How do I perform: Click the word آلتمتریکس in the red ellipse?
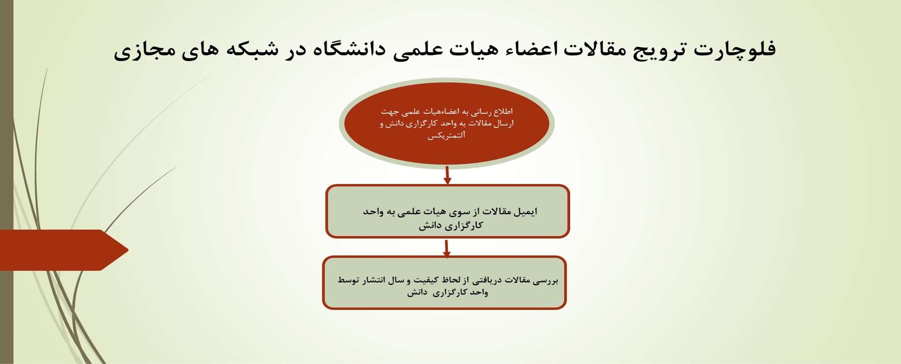coord(446,136)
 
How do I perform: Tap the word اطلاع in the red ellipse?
coord(503,112)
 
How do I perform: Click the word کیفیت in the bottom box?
coord(423,281)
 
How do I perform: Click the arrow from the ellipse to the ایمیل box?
coord(447,174)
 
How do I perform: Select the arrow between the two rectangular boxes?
coord(447,248)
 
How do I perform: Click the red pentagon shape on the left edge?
coord(61,250)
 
